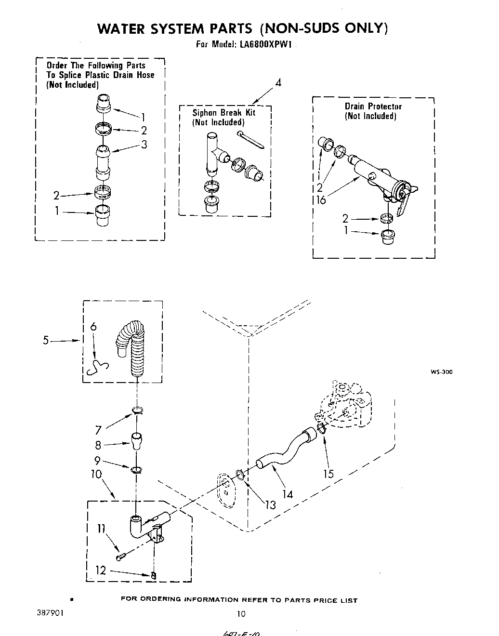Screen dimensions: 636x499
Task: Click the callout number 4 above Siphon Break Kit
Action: (x=278, y=83)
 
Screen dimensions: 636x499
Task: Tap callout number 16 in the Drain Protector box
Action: (x=321, y=199)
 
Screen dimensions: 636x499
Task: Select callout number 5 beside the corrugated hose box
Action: (x=45, y=340)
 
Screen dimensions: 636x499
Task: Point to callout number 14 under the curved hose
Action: (x=288, y=494)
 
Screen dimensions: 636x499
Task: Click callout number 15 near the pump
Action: (x=328, y=474)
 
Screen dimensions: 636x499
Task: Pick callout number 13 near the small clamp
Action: (x=271, y=504)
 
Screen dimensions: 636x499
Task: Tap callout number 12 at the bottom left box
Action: (x=100, y=570)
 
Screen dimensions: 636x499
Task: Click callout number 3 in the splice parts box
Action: (x=144, y=144)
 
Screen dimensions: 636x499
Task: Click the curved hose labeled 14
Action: (x=284, y=451)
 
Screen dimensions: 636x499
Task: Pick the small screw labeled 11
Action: (x=121, y=557)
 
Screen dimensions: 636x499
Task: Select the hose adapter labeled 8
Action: (x=137, y=440)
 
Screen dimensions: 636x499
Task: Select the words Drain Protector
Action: (x=373, y=106)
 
